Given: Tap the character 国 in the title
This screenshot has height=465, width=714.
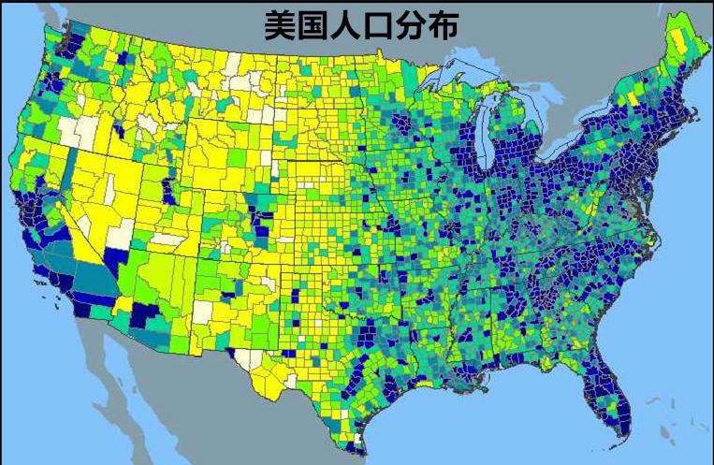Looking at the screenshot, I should (313, 25).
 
